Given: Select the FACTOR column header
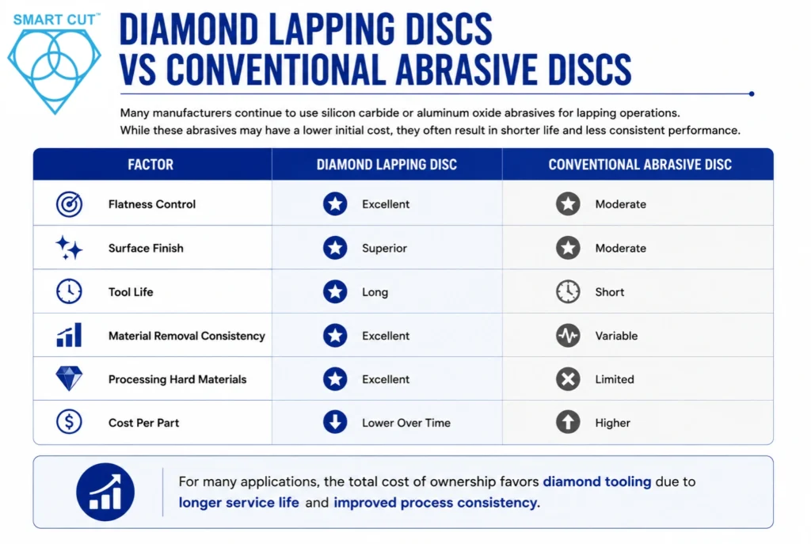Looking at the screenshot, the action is tap(150, 165).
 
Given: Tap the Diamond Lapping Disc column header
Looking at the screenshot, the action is tap(386, 165).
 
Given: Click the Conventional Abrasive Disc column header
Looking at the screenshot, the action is tap(640, 165).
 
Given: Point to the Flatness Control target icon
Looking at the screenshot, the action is tap(70, 204).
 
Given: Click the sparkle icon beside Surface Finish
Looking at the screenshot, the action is tap(69, 248).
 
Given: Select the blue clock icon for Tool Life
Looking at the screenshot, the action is tap(69, 291).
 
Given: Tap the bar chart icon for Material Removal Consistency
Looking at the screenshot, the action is tap(69, 335).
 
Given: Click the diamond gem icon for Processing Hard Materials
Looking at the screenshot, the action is tap(69, 379).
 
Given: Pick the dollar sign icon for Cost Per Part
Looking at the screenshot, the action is tap(69, 422).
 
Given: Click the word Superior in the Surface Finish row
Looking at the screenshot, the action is tap(384, 248).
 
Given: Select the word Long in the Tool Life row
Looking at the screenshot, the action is tap(375, 292).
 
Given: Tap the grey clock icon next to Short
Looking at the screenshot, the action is tap(568, 291).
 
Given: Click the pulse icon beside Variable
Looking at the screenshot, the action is tap(568, 335).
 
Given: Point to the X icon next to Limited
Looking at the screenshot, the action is tap(568, 379).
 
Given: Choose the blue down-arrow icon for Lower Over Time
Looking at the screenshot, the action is tap(335, 422).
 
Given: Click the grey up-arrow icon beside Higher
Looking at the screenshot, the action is tap(568, 422).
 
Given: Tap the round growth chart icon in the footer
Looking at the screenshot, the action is tap(105, 492).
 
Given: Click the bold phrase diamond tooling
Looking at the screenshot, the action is tap(597, 481).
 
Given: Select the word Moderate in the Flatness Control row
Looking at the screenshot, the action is tap(621, 204).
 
